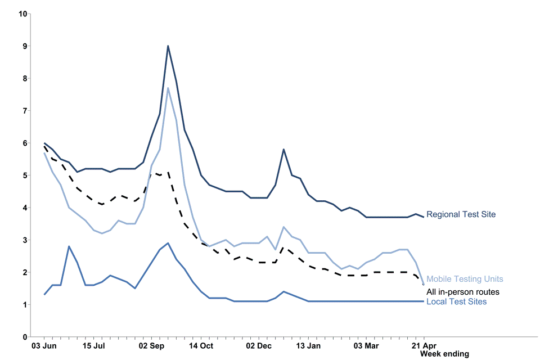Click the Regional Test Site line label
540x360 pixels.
tap(461, 214)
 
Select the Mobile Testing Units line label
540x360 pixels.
tap(465, 279)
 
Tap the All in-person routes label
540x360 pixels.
tap(462, 292)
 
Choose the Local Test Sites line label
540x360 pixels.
tap(456, 302)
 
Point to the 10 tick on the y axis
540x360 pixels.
tap(23, 13)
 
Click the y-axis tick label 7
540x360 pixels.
tap(25, 111)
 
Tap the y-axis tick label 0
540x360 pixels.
tap(25, 337)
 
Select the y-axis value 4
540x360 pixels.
tap(25, 208)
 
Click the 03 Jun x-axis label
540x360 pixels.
tap(44, 345)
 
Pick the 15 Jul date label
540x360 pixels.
tap(93, 345)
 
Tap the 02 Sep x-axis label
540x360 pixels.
tap(151, 345)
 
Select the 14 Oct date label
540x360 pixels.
tap(201, 345)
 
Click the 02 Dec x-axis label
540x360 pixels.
tap(259, 345)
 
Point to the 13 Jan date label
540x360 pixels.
tap(308, 345)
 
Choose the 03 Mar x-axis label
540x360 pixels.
tap(366, 345)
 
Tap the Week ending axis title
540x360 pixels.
tap(444, 354)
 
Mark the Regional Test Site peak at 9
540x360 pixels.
tap(168, 46)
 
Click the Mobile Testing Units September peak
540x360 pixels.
tap(168, 88)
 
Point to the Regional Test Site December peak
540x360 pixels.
tap(283, 149)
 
